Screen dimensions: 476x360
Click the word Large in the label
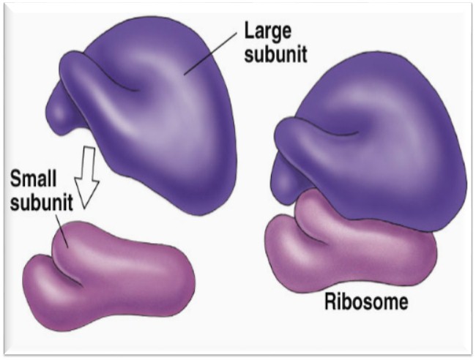click(269, 33)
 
